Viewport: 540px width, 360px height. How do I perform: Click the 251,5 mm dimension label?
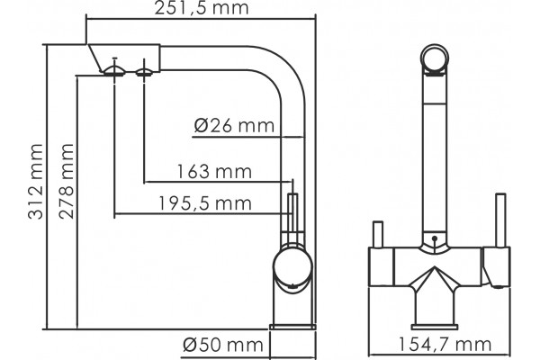[201, 8]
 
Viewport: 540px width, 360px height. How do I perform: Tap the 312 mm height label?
[35, 182]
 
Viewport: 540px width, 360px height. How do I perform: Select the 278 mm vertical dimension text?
[66, 181]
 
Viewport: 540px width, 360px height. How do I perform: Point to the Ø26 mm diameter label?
[234, 126]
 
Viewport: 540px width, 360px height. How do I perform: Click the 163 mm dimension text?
[214, 172]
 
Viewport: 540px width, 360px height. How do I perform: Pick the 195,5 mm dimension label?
[205, 203]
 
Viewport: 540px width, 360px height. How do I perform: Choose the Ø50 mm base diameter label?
[223, 345]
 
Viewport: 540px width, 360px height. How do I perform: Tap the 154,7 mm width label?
[445, 345]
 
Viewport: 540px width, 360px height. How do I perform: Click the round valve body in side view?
[292, 267]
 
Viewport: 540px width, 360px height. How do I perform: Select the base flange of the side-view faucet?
[292, 327]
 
